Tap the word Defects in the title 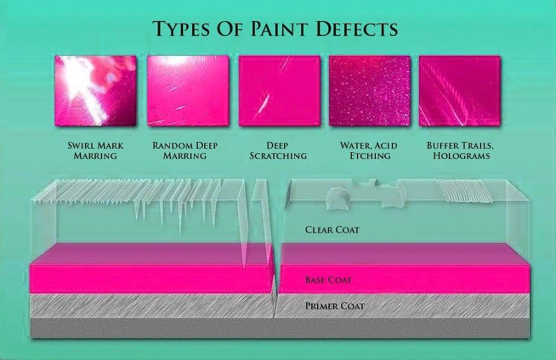coord(357,29)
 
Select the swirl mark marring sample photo coord(96,91)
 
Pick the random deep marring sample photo coord(188,91)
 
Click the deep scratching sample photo coord(280,91)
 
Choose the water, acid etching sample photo coord(370,91)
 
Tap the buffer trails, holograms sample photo coord(460,91)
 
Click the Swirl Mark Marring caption coord(95,151)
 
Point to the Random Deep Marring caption coord(185,151)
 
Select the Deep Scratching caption coord(278,151)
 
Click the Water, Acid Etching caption coord(369,151)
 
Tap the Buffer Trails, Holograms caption coord(461,151)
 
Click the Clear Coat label coord(332,230)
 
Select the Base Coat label coord(328,280)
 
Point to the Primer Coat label coord(335,305)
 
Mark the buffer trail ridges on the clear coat coord(465,191)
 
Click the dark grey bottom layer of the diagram coord(280,328)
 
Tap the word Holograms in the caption coord(462,155)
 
